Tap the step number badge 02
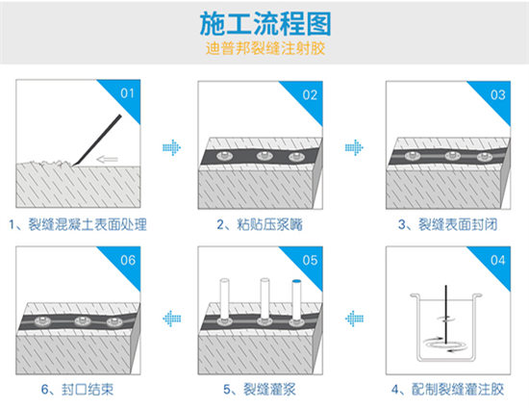[x=311, y=94]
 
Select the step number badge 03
[x=497, y=94]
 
